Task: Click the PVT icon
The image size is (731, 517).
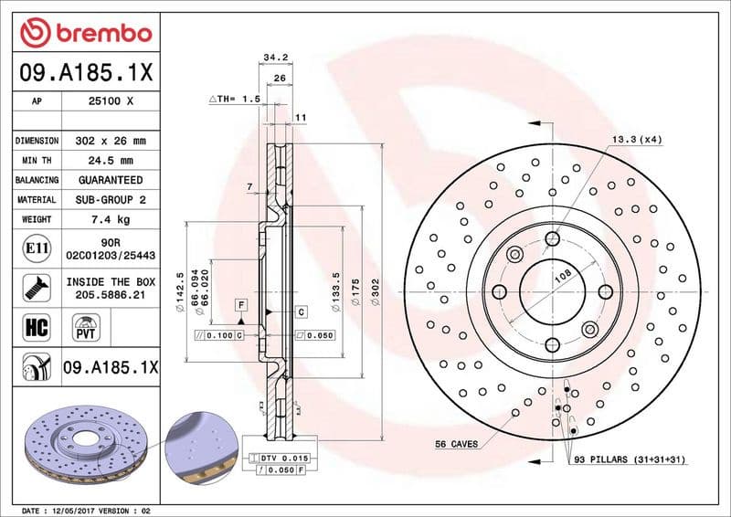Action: coord(87,326)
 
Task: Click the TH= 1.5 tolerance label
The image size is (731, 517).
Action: coord(235,98)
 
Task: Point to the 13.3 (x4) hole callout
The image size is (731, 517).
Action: coord(637,140)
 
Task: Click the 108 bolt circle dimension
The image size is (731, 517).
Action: coord(564,273)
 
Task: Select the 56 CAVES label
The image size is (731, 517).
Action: coord(457,444)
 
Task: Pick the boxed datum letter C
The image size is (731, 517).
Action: coord(300,312)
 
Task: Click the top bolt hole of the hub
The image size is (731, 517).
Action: coord(552,238)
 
